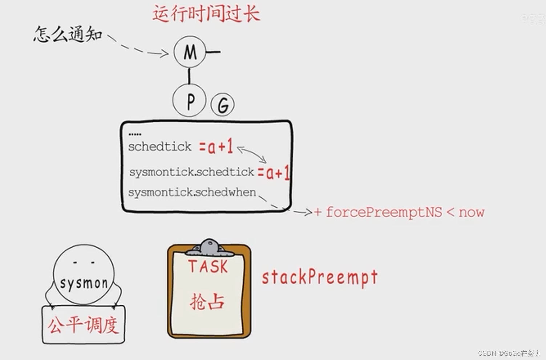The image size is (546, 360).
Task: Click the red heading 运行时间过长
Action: click(x=206, y=14)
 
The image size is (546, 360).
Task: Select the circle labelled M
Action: click(x=190, y=52)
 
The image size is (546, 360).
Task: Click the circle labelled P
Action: click(x=189, y=101)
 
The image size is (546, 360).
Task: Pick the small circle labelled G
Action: click(x=223, y=105)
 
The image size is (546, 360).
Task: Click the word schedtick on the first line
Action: click(x=159, y=147)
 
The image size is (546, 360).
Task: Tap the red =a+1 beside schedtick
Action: click(x=216, y=147)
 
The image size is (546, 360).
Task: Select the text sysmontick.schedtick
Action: click(x=191, y=172)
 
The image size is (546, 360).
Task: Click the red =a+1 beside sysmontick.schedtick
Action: click(x=274, y=173)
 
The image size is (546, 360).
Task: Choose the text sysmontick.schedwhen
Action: click(x=192, y=192)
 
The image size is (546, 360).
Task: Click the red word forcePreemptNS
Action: click(x=384, y=212)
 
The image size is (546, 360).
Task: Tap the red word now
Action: click(x=471, y=212)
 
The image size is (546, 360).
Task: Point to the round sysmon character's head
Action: click(x=84, y=274)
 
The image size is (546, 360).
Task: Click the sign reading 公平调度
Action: click(x=84, y=325)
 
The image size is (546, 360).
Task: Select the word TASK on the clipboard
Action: click(x=208, y=267)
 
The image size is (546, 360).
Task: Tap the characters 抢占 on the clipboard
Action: click(x=207, y=302)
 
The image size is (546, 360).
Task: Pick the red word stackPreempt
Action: click(x=320, y=278)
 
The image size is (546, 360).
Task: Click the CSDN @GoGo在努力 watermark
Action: click(x=509, y=353)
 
